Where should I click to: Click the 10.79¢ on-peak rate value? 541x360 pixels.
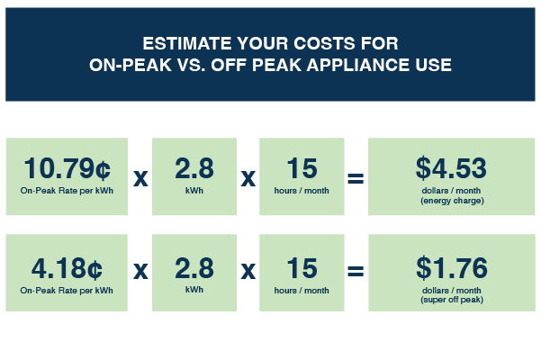[68, 168]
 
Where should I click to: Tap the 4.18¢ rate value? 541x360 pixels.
[67, 268]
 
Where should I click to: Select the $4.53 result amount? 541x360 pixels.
[451, 168]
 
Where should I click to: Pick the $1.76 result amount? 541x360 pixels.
[452, 268]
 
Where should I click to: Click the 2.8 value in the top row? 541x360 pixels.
[194, 168]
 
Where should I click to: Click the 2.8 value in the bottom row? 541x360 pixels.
[194, 268]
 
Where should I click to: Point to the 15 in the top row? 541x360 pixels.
[302, 168]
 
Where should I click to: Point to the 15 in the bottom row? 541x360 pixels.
[302, 268]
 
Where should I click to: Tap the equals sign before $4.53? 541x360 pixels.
[356, 178]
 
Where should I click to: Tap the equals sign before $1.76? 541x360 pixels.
[356, 271]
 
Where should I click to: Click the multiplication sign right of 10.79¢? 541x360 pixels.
[140, 178]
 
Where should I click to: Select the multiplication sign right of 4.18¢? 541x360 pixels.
[140, 271]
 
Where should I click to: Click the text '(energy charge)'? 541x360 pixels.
[452, 201]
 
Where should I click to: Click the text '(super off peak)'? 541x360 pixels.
[452, 300]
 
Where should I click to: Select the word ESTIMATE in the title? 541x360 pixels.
[187, 43]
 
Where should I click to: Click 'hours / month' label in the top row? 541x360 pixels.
[302, 190]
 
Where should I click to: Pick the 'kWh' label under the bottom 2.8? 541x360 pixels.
[194, 290]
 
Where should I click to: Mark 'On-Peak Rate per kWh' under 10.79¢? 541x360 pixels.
[67, 191]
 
